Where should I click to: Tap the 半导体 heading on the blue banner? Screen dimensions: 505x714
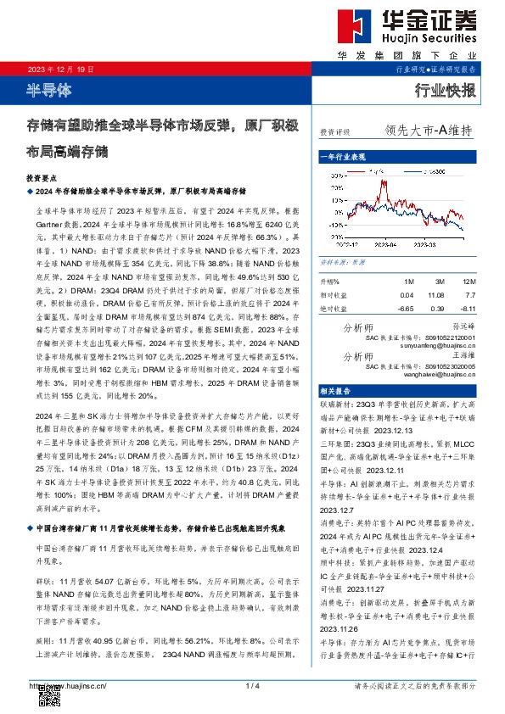(x=50, y=89)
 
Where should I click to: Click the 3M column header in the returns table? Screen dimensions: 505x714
(x=437, y=281)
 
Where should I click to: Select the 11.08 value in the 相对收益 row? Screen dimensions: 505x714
(x=437, y=293)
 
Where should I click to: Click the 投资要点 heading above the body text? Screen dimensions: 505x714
(x=41, y=180)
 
